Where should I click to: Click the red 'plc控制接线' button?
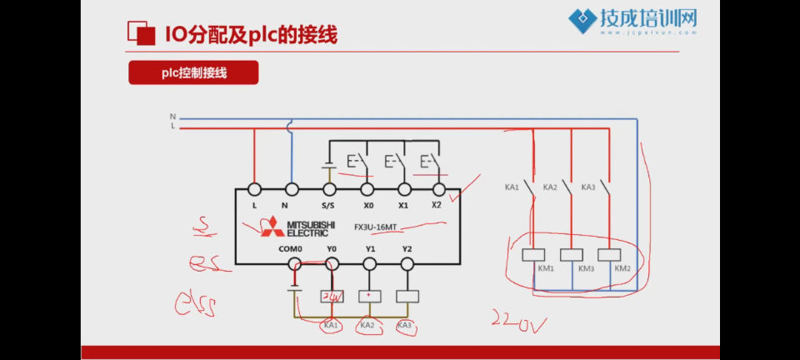[193, 72]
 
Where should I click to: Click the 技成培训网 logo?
[632, 21]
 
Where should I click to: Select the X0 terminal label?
[368, 205]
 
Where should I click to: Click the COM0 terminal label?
[292, 248]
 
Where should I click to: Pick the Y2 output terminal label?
[407, 248]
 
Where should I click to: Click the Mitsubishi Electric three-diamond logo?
[272, 227]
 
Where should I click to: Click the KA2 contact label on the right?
[550, 187]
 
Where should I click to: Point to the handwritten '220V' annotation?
[517, 322]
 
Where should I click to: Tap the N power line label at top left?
[172, 117]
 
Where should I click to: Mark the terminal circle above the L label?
[254, 190]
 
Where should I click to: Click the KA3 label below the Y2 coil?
[405, 325]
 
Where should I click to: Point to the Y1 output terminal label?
[370, 248]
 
